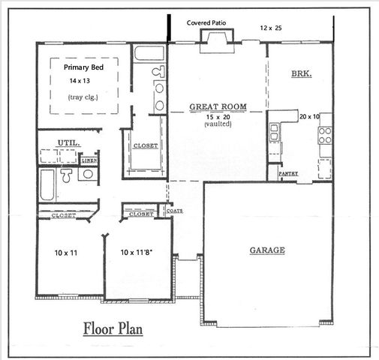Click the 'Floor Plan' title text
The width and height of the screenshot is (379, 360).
(113, 328)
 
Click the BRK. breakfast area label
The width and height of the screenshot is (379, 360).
(302, 74)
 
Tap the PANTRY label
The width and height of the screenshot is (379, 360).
(289, 173)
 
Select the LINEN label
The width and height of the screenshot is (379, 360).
(89, 160)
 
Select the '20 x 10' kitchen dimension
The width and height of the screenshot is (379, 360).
(310, 117)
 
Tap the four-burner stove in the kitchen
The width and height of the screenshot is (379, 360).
(326, 135)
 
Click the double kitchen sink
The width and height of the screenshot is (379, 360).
(275, 132)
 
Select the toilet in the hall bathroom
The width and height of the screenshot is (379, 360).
(67, 177)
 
